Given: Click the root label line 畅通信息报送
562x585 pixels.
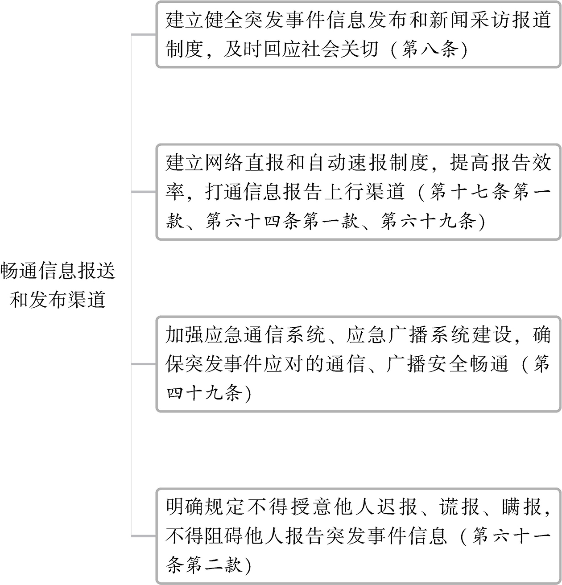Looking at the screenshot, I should tap(58, 271).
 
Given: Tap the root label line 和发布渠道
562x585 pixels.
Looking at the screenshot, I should tap(58, 300).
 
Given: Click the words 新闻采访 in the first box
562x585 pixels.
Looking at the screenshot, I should tap(469, 21).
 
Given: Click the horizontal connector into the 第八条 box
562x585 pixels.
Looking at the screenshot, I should tap(144, 34).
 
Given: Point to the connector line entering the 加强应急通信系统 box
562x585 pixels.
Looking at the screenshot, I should tap(144, 364).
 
